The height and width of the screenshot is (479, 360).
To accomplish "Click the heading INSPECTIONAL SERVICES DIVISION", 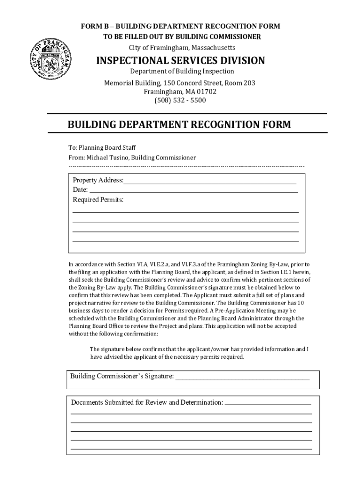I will pos(180,61).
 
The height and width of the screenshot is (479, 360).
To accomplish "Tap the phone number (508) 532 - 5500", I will pos(180,100).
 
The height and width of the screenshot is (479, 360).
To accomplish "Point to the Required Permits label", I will pos(98,200).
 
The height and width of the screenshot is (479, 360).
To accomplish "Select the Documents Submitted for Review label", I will pos(147,402).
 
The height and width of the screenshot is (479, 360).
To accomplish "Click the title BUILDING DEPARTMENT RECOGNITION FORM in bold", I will pos(179,125).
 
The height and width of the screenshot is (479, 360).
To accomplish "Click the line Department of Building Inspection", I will pos(182,72).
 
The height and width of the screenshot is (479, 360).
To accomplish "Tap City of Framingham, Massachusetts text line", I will pos(182,48).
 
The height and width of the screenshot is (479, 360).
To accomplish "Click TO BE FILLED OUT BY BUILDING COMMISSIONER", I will pos(182,37).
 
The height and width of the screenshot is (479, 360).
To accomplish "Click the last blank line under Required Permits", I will pos(186,240).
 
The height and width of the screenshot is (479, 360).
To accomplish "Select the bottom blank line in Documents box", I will pos(191,449).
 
